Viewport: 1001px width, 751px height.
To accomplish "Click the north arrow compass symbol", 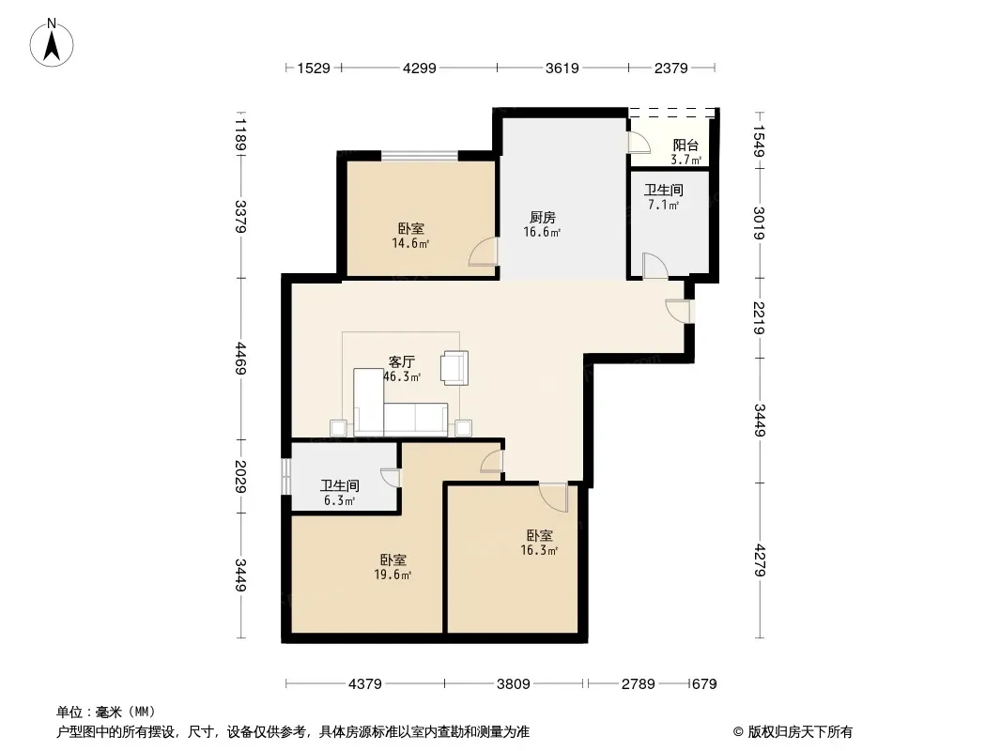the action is pos(52,43).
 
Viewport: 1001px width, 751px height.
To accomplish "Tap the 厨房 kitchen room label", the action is pos(543,218).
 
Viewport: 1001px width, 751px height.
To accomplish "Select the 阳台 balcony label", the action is pos(685,146).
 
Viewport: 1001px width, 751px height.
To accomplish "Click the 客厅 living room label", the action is pos(402,361).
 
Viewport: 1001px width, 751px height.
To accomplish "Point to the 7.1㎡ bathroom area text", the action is pos(663,205).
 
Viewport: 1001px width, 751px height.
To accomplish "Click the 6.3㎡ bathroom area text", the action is pos(339,501).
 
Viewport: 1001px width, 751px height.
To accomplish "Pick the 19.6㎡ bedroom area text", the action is pos(393,575).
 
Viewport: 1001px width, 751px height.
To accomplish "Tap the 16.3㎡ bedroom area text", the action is pos(539,551).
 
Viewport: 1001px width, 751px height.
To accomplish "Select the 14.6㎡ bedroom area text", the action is pos(410,243).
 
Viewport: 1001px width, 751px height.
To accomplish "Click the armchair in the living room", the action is pos(454,368).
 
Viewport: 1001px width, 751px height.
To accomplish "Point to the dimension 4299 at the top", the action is pos(420,68).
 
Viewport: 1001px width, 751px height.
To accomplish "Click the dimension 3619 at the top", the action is pos(562,68).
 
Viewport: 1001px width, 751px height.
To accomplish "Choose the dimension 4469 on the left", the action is pos(240,359).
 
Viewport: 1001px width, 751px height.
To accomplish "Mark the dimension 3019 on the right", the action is pos(759,223).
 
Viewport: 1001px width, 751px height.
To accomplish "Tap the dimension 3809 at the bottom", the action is pos(514,684).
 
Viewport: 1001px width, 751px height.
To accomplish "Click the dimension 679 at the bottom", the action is pos(704,684).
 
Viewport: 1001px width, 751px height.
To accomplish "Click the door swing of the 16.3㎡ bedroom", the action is pos(553,497).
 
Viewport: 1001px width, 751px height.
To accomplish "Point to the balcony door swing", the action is pos(639,143).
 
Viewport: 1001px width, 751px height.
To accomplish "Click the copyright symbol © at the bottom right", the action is pos(738,732).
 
